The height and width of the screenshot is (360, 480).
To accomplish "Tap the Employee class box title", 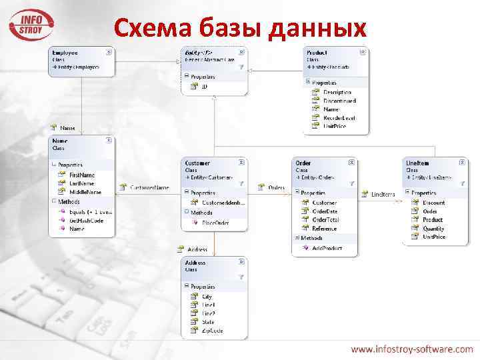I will pyautogui.click(x=65, y=52).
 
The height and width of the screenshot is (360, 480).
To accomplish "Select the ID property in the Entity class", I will pyautogui.click(x=205, y=86).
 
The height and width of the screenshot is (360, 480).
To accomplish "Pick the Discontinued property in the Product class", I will pyautogui.click(x=339, y=101).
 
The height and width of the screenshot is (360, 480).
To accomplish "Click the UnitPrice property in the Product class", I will pyautogui.click(x=335, y=125).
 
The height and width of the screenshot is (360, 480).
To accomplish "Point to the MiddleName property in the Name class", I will pyautogui.click(x=85, y=192).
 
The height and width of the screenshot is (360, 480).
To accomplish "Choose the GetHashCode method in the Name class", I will pyautogui.click(x=87, y=220).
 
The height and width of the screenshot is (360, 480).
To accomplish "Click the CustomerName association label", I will pyautogui.click(x=149, y=188).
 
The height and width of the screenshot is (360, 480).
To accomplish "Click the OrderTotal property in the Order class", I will pyautogui.click(x=325, y=219).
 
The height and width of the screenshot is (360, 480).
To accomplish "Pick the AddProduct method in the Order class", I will pyautogui.click(x=327, y=247).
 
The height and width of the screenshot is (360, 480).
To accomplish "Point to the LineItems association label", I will pyautogui.click(x=383, y=194).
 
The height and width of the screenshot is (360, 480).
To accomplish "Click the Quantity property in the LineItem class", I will pyautogui.click(x=433, y=228).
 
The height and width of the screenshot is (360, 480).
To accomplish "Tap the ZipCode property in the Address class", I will pyautogui.click(x=213, y=330).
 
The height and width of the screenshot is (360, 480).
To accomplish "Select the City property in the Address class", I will pyautogui.click(x=207, y=296).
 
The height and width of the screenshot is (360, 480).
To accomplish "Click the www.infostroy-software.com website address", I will pyautogui.click(x=412, y=349).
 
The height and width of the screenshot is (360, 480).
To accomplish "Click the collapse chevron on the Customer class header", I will pyautogui.click(x=241, y=162).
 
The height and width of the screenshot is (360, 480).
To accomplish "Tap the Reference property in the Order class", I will pyautogui.click(x=325, y=228).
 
